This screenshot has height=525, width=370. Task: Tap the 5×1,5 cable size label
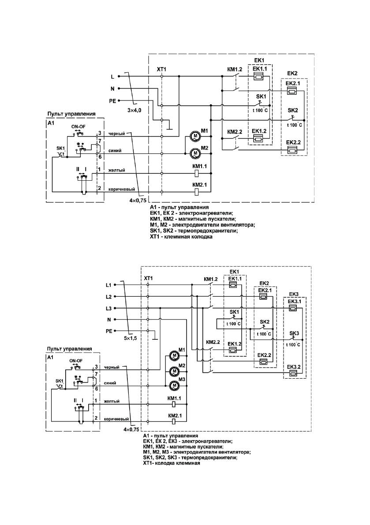tap(131, 339)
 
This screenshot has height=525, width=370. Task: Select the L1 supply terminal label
tap(109, 285)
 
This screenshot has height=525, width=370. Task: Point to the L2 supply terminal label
tap(109, 297)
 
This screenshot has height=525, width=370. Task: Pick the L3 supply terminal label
tap(109, 308)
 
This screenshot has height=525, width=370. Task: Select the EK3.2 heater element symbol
tap(293, 373)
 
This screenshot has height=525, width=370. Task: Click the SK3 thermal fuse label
tap(294, 332)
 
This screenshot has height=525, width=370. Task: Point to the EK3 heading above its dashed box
tap(294, 294)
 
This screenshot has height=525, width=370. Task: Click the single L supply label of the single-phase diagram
tap(113, 77)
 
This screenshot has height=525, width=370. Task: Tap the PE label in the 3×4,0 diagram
tap(112, 101)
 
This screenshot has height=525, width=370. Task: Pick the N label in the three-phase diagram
tap(109, 319)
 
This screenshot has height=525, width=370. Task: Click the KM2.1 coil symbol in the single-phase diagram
tap(198, 191)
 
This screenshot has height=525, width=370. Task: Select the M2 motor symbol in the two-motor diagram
tap(195, 153)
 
